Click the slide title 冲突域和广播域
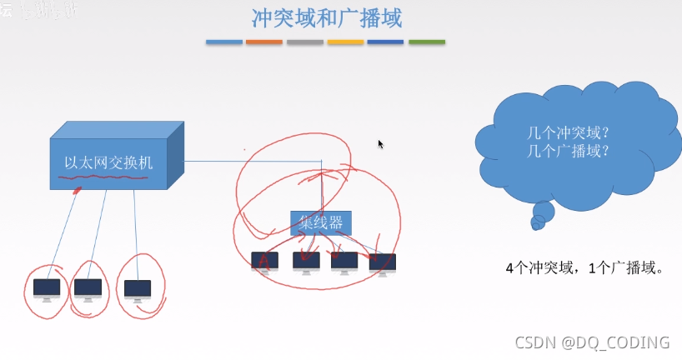point(332,17)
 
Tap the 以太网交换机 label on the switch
point(108,162)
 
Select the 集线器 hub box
point(321,222)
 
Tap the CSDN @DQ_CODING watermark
point(592,342)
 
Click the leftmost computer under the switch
point(47,289)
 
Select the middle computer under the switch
point(88,288)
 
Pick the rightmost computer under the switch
point(138,289)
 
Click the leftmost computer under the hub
point(265,262)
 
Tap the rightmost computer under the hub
point(383,263)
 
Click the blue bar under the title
point(224,42)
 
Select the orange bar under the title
point(264,42)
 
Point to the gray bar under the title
point(304,42)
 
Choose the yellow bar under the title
point(345,42)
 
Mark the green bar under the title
point(426,42)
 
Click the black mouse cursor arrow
point(381,144)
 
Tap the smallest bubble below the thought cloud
point(538,222)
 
